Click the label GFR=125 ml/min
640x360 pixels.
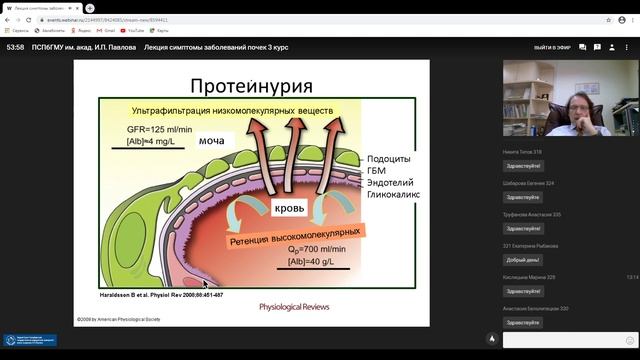click(x=159, y=129)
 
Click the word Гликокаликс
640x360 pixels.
click(x=397, y=197)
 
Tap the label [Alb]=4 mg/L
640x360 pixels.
click(x=153, y=143)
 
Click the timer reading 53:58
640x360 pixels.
click(x=15, y=48)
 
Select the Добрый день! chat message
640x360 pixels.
click(x=523, y=260)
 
